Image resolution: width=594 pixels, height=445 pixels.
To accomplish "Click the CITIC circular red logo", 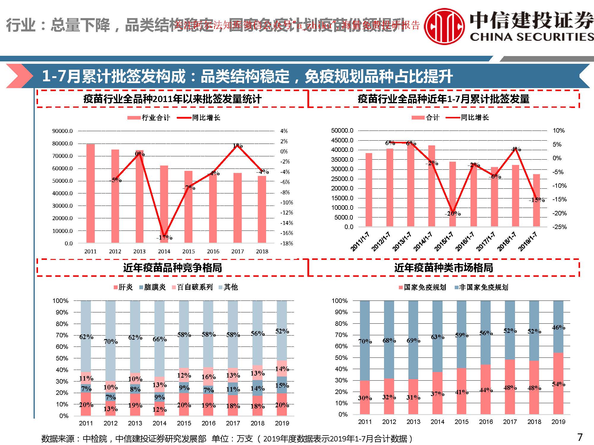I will click(444, 26).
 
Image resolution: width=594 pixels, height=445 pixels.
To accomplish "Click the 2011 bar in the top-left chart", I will click(90, 193).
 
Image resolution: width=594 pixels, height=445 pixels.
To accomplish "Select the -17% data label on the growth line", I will click(164, 238).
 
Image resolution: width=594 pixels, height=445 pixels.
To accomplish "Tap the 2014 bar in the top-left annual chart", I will click(164, 205).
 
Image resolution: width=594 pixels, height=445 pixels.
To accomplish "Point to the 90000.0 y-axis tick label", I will click(62, 131).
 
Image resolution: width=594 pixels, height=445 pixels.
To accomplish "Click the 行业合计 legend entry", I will click(149, 118).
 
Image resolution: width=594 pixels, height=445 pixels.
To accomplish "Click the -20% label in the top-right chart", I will click(452, 214).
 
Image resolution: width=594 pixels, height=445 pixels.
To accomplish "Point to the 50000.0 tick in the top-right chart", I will click(342, 131).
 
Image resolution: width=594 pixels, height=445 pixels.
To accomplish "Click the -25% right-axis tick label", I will click(560, 227).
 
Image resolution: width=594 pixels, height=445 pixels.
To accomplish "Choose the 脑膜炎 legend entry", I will click(152, 287).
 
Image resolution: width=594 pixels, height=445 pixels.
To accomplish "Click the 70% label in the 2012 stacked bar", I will click(111, 342).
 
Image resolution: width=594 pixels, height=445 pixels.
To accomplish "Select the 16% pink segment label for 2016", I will click(208, 377).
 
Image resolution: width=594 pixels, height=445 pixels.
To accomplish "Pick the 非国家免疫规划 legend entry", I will click(481, 287).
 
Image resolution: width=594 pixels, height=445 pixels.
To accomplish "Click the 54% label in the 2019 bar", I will click(558, 384).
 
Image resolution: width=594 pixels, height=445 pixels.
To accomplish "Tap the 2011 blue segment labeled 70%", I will click(365, 341).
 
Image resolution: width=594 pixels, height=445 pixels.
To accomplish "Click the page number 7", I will click(579, 437).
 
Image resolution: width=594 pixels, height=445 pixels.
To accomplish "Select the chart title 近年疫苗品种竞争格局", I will click(173, 268).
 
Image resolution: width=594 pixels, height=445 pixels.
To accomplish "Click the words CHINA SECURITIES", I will click(532, 37).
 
